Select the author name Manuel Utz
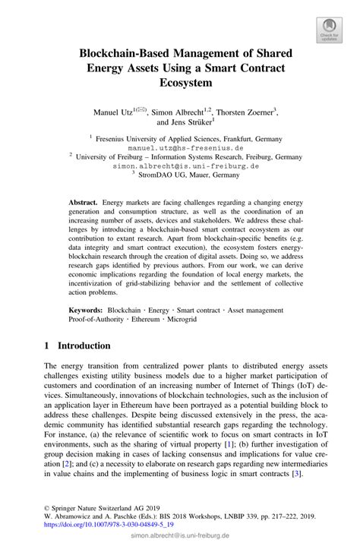110,112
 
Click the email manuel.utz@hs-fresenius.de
180,148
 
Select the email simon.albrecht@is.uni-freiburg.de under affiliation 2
180,165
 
